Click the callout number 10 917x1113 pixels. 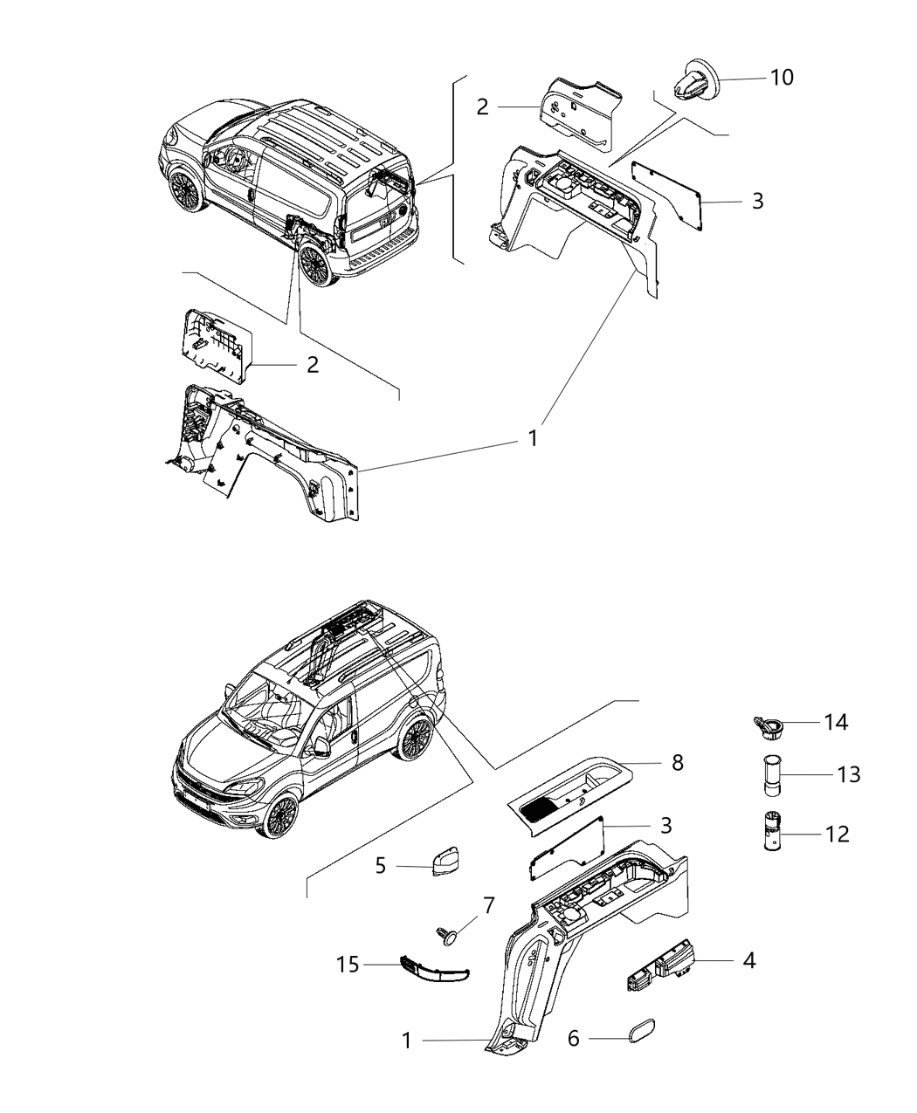pos(781,78)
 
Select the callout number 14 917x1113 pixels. pos(835,722)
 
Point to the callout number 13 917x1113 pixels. pos(847,774)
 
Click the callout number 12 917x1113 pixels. pos(837,835)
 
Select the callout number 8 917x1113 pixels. pos(677,764)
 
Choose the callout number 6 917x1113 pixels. pos(574,1039)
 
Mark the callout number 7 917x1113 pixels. pos(489,906)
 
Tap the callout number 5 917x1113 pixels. pos(381,866)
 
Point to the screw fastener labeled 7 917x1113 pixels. pos(449,937)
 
